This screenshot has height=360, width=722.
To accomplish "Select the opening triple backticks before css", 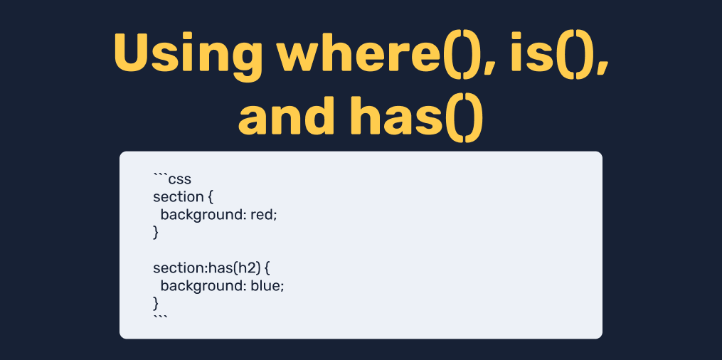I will point(160,176).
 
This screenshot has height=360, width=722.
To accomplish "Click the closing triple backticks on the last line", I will point(160,318).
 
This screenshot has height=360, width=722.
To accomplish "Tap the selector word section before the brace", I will point(178,197).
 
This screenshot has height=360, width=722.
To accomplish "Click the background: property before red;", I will point(203,215).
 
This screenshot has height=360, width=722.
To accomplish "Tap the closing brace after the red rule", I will point(156,233).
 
